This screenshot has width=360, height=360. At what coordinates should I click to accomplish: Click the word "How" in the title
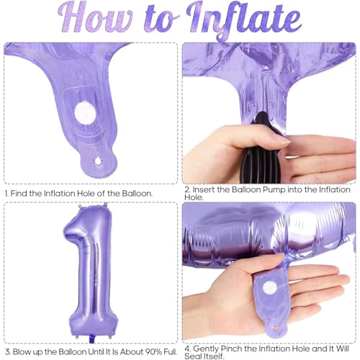coord(95,18)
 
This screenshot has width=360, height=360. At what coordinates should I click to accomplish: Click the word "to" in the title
coord(161,19)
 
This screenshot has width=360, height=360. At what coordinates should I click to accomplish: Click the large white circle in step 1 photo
coord(85,113)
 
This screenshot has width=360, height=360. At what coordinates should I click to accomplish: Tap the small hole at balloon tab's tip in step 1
coord(98,161)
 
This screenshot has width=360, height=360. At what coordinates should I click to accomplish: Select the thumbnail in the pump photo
coord(282,138)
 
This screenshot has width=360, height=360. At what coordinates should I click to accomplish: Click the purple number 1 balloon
coord(91,271)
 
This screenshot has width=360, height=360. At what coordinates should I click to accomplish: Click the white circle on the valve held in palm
coord(270,287)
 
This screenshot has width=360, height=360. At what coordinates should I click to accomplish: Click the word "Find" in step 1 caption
coord(19,193)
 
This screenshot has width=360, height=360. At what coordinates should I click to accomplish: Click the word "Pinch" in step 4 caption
coord(231,348)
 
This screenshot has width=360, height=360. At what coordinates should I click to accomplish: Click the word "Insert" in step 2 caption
coord(204,189)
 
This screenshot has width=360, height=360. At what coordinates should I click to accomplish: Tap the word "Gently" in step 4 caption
coord(206,348)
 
